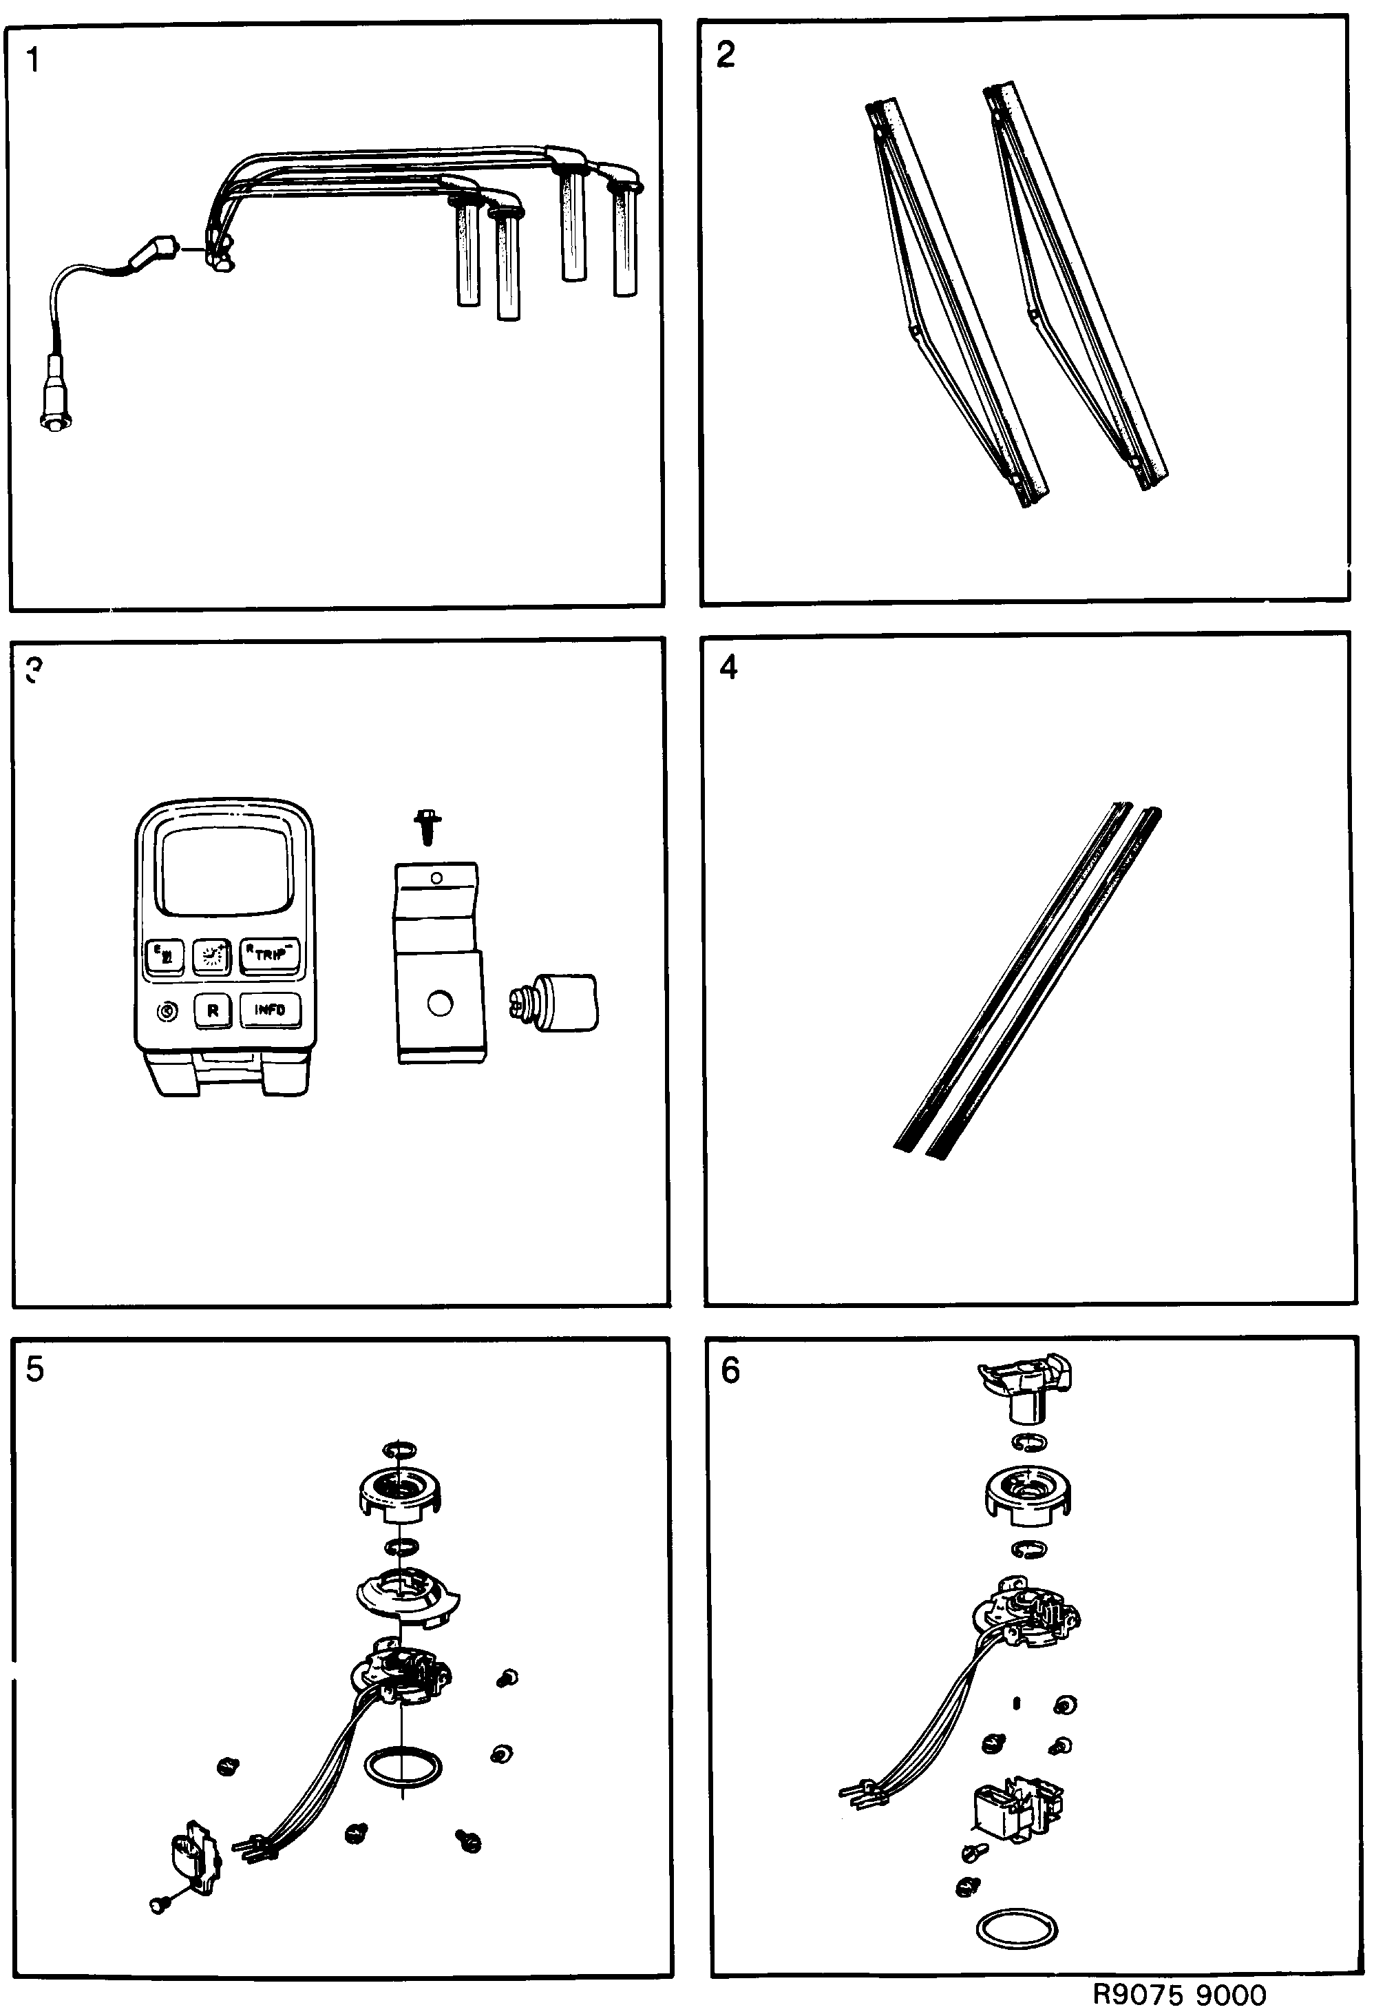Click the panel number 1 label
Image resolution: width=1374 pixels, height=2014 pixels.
(x=33, y=61)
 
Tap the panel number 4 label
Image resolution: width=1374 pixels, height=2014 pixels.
(x=728, y=667)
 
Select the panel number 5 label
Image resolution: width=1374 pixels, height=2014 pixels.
(x=34, y=1369)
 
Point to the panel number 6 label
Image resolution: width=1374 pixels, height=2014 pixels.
(x=730, y=1371)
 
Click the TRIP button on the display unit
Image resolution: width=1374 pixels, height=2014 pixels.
(x=269, y=954)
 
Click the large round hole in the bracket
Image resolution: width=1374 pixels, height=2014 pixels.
(x=440, y=1004)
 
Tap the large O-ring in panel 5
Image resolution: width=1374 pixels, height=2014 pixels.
(x=403, y=1766)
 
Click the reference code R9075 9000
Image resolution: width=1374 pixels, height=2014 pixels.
(x=1179, y=1994)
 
